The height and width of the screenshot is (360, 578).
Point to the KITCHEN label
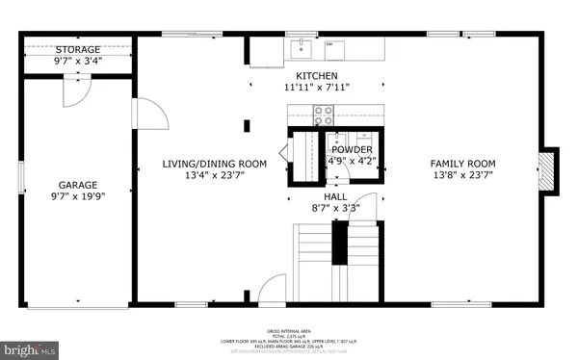pos(317,75)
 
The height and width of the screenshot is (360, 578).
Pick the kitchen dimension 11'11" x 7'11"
pos(317,87)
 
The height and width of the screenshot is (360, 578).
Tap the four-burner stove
pos(325,116)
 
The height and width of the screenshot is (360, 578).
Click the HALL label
pos(335,196)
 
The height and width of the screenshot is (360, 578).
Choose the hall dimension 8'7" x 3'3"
pos(335,208)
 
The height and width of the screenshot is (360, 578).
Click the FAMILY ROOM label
pos(462,164)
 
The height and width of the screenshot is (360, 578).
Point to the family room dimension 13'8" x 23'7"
pos(462,175)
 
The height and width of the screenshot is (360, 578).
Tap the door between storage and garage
pos(76,91)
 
